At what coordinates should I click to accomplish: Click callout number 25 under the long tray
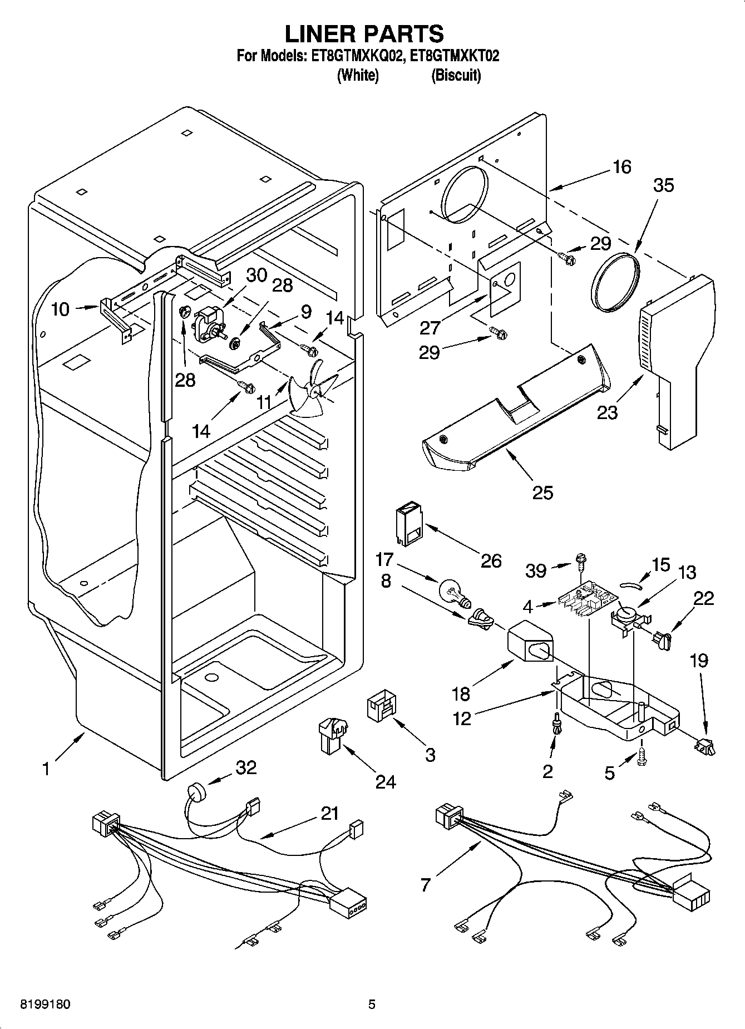point(542,492)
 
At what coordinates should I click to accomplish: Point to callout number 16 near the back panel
point(621,166)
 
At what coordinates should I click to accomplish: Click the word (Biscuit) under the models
point(456,75)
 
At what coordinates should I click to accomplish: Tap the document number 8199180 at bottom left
point(45,1005)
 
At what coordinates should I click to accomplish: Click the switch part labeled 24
point(332,735)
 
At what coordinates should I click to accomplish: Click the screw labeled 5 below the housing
point(643,756)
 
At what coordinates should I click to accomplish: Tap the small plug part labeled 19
point(704,746)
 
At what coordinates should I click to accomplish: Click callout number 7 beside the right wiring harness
point(426,884)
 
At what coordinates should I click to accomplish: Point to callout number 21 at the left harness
point(329,814)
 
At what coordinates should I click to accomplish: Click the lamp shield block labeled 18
point(529,643)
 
